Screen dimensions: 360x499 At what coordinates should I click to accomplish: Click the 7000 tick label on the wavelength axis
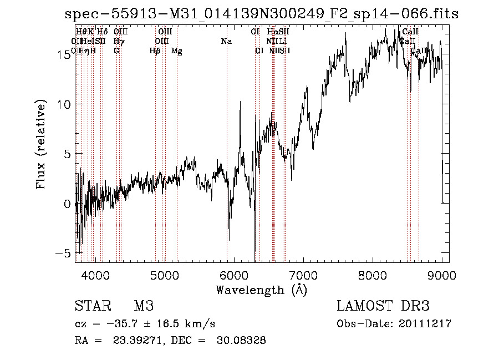click(303, 275)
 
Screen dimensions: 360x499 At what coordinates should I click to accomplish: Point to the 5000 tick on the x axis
click(164, 275)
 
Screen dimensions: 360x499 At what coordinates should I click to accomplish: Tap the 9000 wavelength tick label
click(442, 275)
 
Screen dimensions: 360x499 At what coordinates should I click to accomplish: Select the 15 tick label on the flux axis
click(63, 54)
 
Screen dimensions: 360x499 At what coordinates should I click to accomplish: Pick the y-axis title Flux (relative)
click(41, 144)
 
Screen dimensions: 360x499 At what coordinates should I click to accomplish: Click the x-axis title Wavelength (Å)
click(261, 290)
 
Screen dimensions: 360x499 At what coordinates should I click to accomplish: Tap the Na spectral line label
click(226, 42)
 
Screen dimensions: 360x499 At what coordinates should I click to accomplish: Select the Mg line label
click(177, 51)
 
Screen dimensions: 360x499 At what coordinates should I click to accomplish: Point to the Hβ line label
click(155, 51)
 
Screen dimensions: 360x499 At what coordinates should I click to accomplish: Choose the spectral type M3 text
click(144, 306)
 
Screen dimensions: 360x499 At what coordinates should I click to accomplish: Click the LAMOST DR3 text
click(383, 306)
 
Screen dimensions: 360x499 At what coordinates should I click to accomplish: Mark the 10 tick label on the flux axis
click(63, 104)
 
